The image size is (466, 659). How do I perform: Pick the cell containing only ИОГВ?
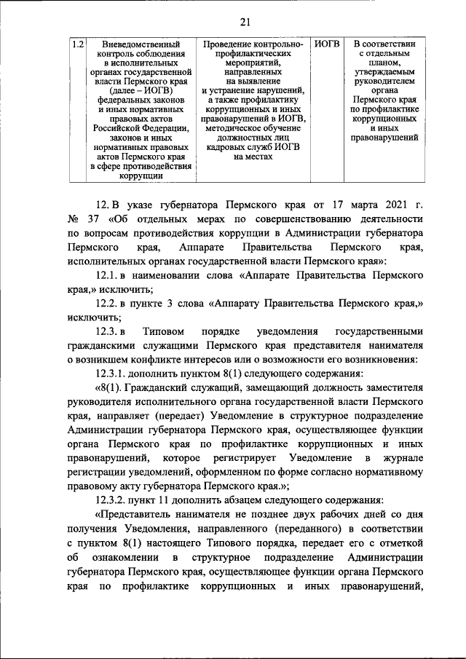[x=327, y=45]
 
